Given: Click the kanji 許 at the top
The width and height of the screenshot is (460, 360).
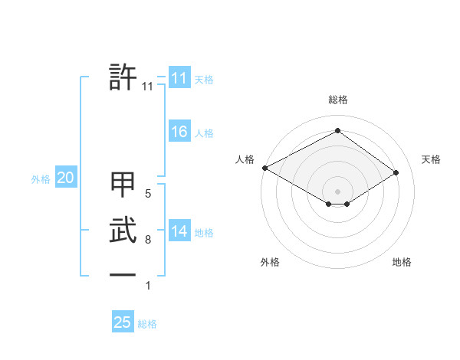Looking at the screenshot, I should coord(123,78).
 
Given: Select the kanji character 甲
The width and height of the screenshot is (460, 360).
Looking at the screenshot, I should coord(123,186).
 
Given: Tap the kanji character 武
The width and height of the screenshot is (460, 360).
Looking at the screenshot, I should coord(123,230).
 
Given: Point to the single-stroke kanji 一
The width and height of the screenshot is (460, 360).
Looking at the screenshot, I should coord(123,273).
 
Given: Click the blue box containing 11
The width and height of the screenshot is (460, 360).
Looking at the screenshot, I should coord(179,78).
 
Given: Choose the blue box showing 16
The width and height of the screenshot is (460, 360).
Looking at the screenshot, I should coord(179,132).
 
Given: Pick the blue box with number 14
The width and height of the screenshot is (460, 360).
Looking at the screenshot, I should coord(179,231).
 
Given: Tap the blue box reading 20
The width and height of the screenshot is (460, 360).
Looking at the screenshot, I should coord(65,178).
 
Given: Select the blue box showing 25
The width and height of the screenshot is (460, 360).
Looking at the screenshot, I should coord(123,322).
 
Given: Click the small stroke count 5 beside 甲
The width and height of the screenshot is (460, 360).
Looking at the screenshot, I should coord(148,194).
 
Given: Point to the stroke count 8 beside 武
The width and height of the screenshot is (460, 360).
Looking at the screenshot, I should coord(148,240).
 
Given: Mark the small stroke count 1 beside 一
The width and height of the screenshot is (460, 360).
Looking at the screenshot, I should coord(148,286).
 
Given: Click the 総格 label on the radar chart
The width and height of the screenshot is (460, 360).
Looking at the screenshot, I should coord(337,100).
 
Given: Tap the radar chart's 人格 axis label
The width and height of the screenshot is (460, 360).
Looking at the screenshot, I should coord(245,159).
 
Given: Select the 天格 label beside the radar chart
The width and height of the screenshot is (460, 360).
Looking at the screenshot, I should coord(431,159).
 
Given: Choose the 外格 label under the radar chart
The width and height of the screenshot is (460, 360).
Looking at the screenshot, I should coord(270,262).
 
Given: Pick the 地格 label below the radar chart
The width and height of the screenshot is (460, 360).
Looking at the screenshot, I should coord(402,262).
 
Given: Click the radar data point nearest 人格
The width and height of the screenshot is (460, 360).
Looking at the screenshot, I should coord(264,167).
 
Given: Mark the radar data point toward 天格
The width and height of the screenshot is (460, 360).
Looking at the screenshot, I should coord(396,172).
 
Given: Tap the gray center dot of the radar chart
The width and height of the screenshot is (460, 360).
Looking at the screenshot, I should coord(337,191).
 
